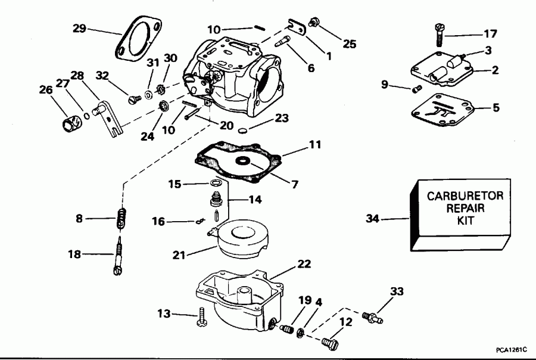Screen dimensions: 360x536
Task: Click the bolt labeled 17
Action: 440,35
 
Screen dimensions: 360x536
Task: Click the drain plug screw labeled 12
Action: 329,343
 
